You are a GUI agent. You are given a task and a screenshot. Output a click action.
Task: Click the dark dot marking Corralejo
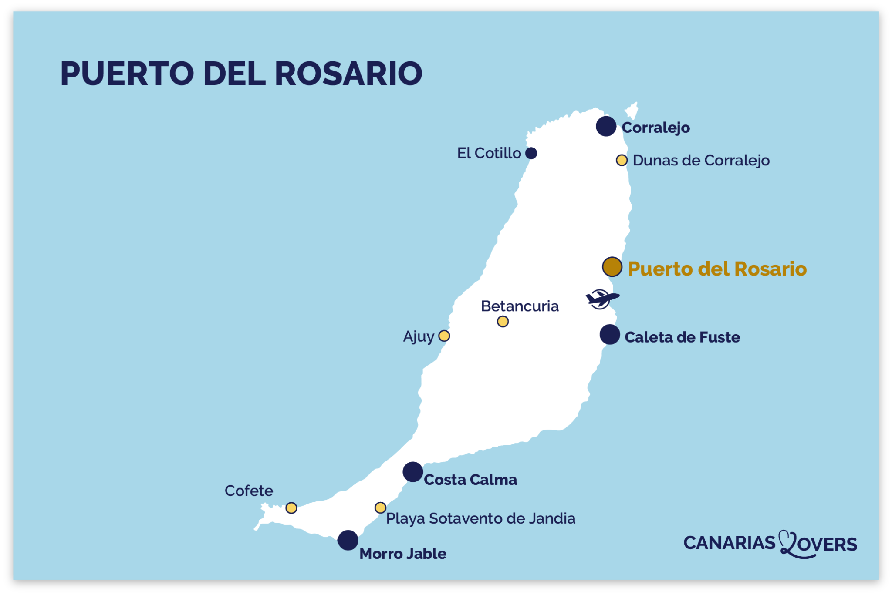pyautogui.click(x=606, y=127)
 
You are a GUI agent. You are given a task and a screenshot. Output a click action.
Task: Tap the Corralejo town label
pyautogui.click(x=655, y=128)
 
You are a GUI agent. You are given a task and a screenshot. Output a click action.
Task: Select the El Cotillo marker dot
pyautogui.click(x=531, y=153)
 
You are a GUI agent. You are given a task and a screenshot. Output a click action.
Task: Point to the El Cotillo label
pyautogui.click(x=489, y=153)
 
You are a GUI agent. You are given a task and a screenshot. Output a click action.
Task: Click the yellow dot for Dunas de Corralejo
pyautogui.click(x=622, y=160)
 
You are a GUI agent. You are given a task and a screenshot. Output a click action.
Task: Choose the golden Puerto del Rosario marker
pyautogui.click(x=612, y=267)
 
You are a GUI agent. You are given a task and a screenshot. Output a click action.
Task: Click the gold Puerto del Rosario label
pyautogui.click(x=717, y=269)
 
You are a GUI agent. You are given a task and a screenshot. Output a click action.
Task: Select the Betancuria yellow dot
pyautogui.click(x=503, y=322)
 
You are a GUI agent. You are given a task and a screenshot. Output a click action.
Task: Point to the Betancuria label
pyautogui.click(x=520, y=306)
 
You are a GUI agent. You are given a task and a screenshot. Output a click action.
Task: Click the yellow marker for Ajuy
pyautogui.click(x=444, y=336)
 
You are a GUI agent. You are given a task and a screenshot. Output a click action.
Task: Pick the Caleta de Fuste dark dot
pyautogui.click(x=610, y=334)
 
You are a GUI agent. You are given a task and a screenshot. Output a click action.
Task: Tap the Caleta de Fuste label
pyautogui.click(x=682, y=337)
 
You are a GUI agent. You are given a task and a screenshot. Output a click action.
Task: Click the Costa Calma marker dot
pyautogui.click(x=412, y=472)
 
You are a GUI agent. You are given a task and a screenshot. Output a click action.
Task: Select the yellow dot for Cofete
pyautogui.click(x=291, y=508)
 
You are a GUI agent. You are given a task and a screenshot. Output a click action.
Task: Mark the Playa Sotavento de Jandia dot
pyautogui.click(x=380, y=508)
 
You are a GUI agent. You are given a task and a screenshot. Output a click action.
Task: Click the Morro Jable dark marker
pyautogui.click(x=348, y=540)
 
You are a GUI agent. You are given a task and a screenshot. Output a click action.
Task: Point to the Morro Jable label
pyautogui.click(x=403, y=554)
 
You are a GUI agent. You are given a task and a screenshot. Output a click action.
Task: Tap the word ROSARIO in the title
pyautogui.click(x=348, y=73)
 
